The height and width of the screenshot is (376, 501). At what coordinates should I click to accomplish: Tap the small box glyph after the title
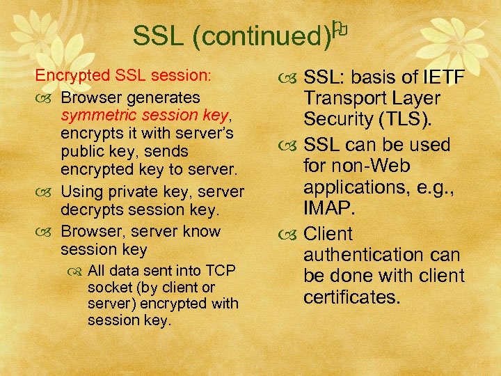tap(339, 29)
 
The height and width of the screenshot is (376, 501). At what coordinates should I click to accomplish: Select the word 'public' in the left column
tap(82, 152)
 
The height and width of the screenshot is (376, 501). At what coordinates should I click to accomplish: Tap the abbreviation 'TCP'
tap(220, 271)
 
